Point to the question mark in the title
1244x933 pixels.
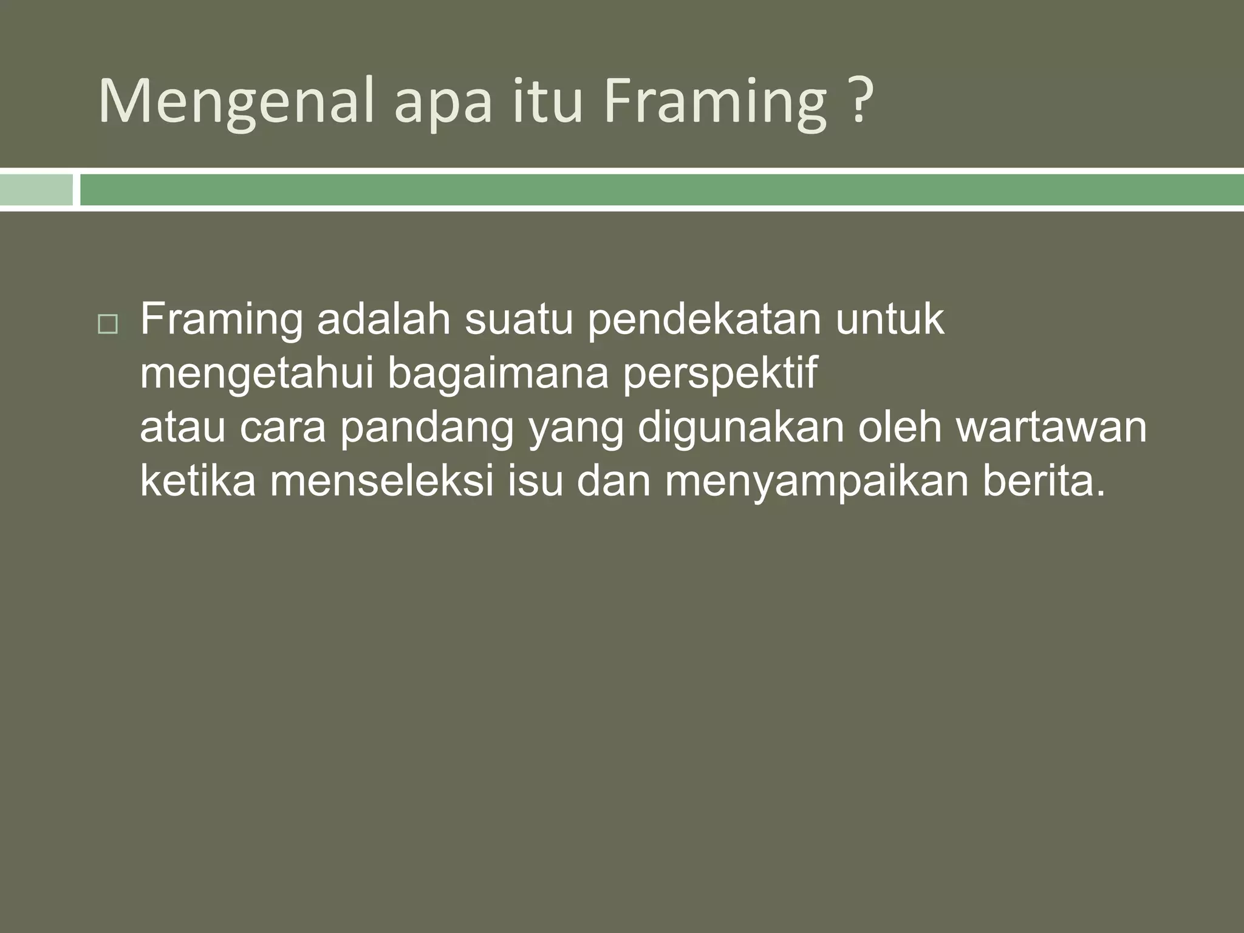pos(859,100)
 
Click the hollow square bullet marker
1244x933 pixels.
pos(108,325)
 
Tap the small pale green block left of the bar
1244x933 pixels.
pos(36,190)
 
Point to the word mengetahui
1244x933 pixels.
pos(257,374)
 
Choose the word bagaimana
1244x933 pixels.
pos(498,374)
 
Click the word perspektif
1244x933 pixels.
pos(720,374)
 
